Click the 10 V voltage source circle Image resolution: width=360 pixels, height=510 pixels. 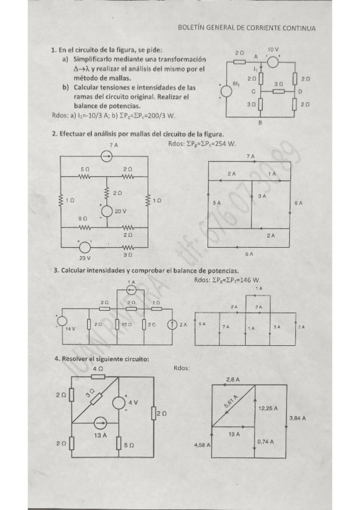(x=273, y=61)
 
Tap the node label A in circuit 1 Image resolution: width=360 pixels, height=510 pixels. (x=255, y=56)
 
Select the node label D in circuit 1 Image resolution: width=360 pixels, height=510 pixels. (x=300, y=91)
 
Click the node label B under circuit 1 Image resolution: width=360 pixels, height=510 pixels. (x=260, y=123)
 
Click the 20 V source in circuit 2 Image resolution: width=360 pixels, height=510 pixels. (x=106, y=211)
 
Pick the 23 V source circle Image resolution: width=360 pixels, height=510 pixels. (x=85, y=247)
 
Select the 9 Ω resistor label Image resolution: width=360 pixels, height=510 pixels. (x=81, y=218)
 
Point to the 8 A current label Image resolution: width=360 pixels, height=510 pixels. (x=299, y=204)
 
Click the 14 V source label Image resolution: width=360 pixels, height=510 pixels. (x=70, y=329)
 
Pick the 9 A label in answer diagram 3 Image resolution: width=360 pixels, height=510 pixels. (x=203, y=324)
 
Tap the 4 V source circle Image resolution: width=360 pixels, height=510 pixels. (x=119, y=402)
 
